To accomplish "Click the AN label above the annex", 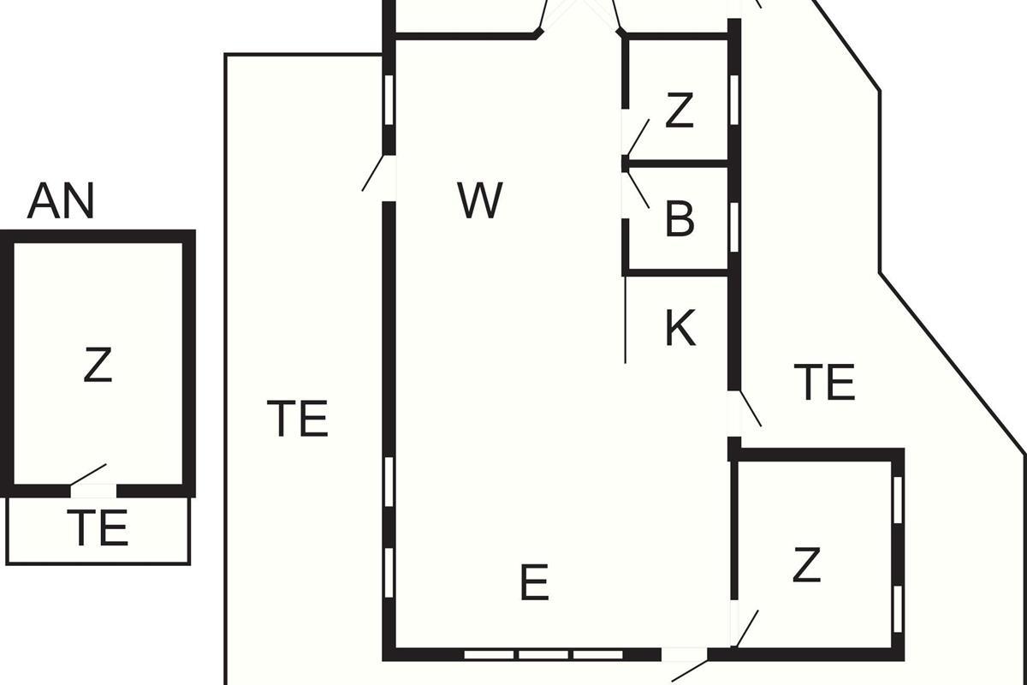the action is [61, 200].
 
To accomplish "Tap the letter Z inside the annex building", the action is [98, 365].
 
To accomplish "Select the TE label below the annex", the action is [98, 527].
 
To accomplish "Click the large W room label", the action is [480, 200].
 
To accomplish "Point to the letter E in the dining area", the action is [535, 582].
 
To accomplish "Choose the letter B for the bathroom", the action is [680, 219].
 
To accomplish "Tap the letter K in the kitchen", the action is [680, 328].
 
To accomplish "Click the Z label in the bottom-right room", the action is [806, 565].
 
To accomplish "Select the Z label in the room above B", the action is [680, 110].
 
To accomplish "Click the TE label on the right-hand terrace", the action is [824, 382].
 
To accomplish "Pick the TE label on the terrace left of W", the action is [298, 418].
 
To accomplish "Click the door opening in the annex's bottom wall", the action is [93, 491].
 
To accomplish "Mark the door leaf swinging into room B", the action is [638, 190].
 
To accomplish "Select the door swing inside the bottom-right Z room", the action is [746, 629].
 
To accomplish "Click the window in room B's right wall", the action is [734, 228].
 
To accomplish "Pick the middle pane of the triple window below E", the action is [543, 655].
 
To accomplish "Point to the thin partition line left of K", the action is [626, 319].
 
